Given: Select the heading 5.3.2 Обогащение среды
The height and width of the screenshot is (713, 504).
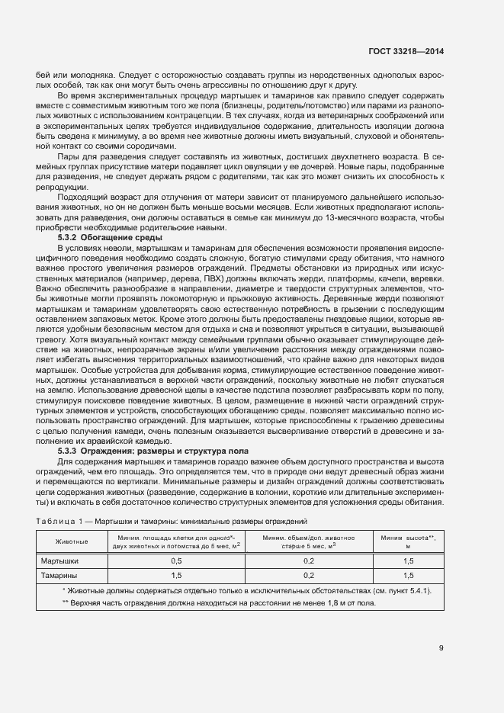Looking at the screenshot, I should (x=99, y=239).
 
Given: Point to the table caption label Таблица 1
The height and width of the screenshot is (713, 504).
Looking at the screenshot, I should (x=63, y=522).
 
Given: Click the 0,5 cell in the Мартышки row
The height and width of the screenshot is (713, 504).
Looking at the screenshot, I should (x=176, y=560).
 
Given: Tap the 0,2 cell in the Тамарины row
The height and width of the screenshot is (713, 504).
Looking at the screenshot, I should (x=309, y=576).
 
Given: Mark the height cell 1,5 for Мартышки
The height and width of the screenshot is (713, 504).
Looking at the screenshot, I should (x=408, y=560).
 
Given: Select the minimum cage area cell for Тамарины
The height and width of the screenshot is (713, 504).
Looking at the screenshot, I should (x=176, y=576).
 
